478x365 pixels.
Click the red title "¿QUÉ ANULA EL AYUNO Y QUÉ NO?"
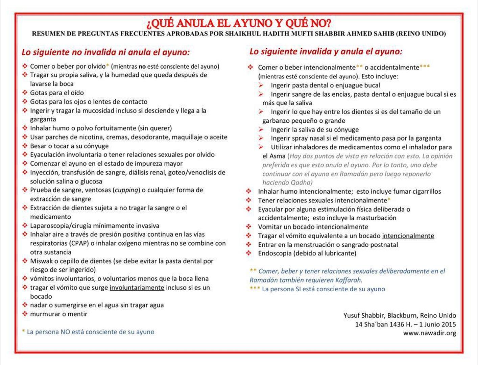coord(239,23)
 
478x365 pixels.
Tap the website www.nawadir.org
coord(429,333)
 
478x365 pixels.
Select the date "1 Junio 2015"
coord(437,324)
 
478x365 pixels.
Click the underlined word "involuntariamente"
coord(137,288)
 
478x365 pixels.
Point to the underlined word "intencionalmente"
coord(408,236)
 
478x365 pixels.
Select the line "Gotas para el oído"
coord(57,93)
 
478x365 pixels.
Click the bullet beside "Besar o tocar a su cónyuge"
coord(25,146)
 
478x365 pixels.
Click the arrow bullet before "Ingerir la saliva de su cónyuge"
coord(261,129)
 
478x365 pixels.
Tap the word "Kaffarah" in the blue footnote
coord(348,280)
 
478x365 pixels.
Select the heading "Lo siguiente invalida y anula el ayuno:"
coord(326,52)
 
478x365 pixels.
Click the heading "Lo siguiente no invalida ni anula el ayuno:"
coord(105,52)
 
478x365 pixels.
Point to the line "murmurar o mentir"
coord(58,314)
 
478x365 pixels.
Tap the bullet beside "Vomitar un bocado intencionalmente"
coord(249,227)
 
